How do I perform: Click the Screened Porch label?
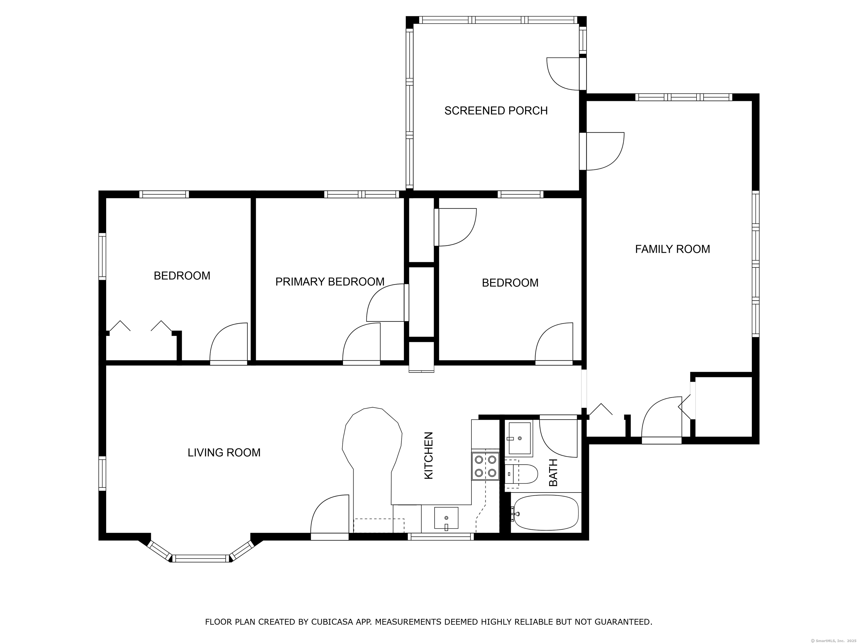[x=496, y=111]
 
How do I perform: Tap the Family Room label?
[x=672, y=249]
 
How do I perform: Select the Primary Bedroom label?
[x=330, y=282]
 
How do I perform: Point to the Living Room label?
[x=224, y=453]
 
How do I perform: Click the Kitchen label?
[x=429, y=455]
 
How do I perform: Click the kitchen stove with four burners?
[x=485, y=466]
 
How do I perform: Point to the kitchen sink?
[x=446, y=518]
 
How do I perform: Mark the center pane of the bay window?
[x=201, y=558]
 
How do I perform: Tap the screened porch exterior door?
[x=566, y=74]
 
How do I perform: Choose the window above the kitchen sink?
[x=441, y=537]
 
